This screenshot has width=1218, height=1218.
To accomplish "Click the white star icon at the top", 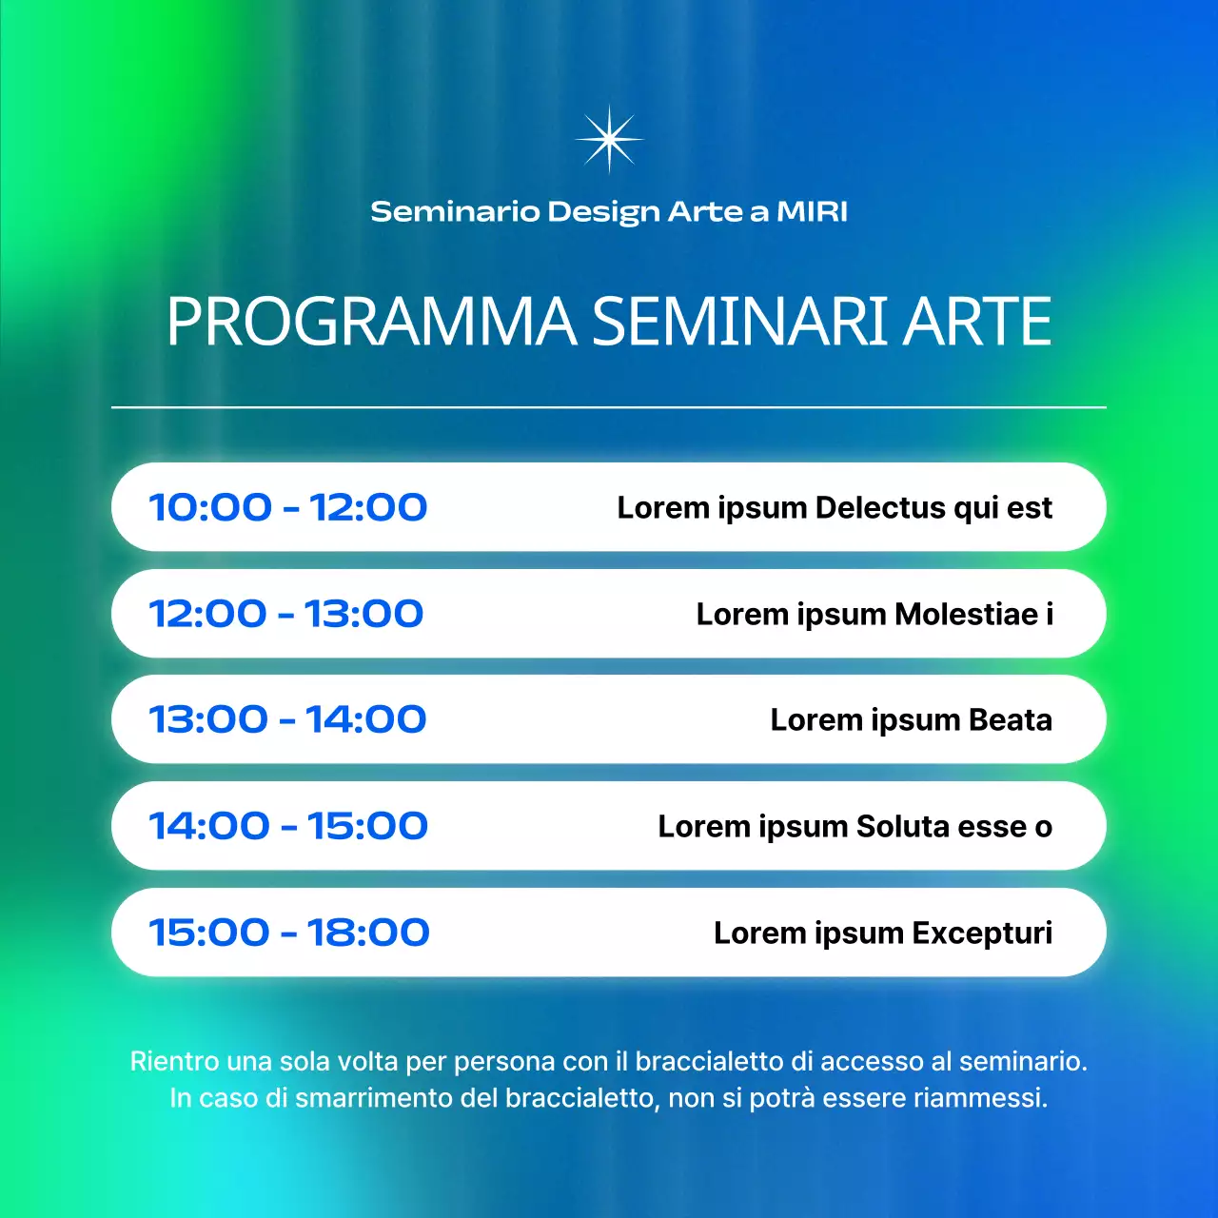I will coord(609,139).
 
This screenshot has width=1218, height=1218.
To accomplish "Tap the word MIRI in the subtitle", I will coord(812,211).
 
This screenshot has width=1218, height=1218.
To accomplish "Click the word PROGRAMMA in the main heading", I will coord(371,322).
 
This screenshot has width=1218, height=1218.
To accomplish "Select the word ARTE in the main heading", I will coord(976,322).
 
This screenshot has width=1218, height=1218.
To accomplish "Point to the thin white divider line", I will coord(609,407).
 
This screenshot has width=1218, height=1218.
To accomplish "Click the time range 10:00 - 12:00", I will coord(288,507).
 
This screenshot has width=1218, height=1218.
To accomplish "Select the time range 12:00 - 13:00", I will coord(286,614).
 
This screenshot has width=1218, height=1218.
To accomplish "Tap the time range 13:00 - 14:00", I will coord(287,719).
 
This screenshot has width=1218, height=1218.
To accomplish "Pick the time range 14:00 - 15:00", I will coord(288,826).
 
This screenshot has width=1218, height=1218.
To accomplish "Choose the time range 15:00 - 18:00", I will coord(289,933).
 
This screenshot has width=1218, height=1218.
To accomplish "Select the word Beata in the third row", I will coord(1010,720).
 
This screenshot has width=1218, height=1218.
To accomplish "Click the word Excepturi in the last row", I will coord(982,933).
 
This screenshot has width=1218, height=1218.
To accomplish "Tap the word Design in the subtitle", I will coord(603,212).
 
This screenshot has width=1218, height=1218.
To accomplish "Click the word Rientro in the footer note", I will coord(167,1061).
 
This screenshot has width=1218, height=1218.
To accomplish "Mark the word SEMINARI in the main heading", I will coord(740,322).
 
